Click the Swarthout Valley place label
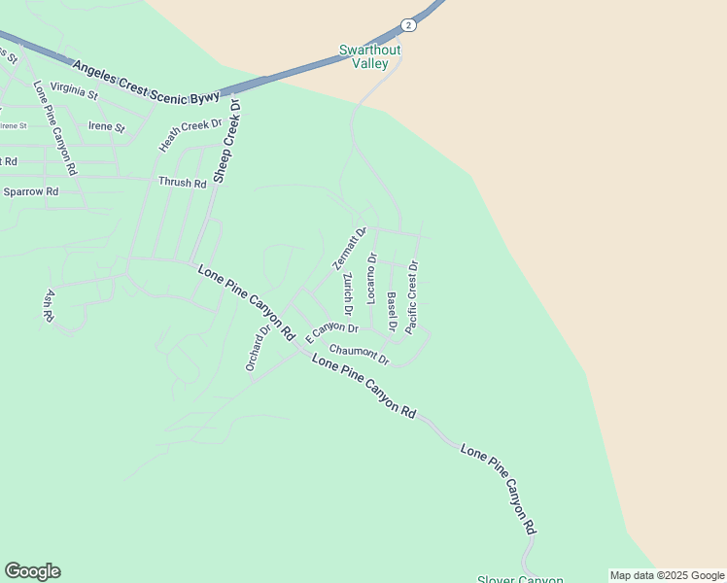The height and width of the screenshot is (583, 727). [369, 56]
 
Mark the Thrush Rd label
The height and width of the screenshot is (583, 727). [184, 183]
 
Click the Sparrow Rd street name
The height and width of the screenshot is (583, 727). [31, 191]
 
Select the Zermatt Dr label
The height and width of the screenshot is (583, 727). [349, 248]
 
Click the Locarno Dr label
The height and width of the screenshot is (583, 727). [371, 277]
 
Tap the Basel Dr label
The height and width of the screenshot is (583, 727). [392, 310]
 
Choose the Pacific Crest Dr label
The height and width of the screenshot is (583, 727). [412, 296]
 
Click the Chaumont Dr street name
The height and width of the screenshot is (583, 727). [359, 356]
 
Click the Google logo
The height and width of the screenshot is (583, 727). [32, 571]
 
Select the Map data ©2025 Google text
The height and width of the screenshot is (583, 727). [667, 575]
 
